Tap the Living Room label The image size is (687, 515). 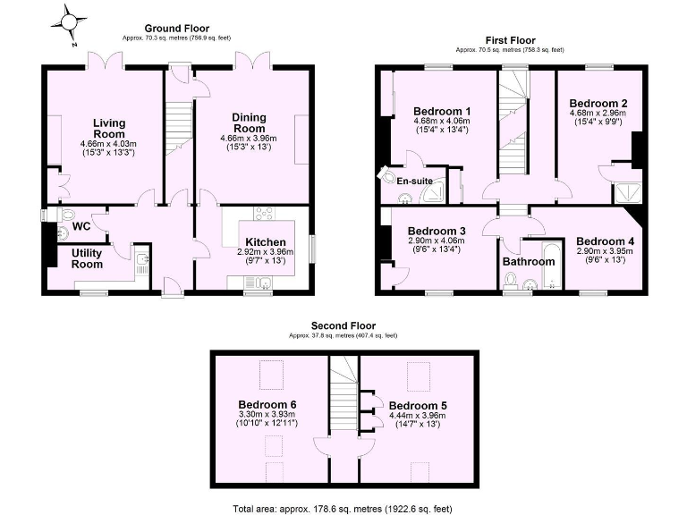coord(108,128)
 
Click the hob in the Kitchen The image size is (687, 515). coord(264,214)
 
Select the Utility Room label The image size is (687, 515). coord(87,258)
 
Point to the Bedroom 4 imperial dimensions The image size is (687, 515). coord(605,262)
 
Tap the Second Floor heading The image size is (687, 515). coord(343,325)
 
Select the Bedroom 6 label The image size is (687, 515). coord(267,405)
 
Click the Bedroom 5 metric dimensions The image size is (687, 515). coord(418,416)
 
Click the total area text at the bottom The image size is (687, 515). coord(343,507)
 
